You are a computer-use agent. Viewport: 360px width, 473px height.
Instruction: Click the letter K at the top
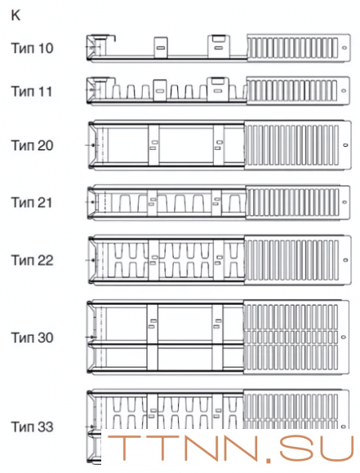point(16,15)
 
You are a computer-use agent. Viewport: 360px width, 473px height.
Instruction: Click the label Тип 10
point(33,48)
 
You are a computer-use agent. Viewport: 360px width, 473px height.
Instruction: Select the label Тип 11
point(32,91)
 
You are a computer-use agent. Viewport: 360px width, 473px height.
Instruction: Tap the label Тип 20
point(33,145)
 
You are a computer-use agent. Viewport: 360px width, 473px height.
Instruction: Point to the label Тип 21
point(32,202)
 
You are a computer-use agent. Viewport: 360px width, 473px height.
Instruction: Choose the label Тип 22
point(33,260)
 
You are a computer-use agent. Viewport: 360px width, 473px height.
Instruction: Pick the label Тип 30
point(33,338)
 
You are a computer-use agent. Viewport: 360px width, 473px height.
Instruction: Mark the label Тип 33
point(33,427)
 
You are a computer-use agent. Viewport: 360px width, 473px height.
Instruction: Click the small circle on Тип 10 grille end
point(344,47)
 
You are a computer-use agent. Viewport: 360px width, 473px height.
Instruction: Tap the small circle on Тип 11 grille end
point(344,91)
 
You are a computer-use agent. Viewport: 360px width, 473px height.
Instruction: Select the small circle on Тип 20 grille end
point(345,145)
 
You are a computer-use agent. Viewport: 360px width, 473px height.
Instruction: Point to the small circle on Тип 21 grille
point(344,201)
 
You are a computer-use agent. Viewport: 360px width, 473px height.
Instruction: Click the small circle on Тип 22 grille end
point(345,259)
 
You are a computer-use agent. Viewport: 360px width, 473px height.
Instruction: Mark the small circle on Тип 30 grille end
point(343,337)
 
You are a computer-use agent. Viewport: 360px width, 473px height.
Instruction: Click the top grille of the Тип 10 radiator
point(299,48)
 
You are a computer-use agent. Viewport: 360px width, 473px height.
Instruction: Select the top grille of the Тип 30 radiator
point(296,338)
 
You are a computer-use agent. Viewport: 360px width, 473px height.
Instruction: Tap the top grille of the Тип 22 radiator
point(298,260)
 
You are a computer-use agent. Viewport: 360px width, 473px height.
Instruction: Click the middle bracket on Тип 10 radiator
point(161,47)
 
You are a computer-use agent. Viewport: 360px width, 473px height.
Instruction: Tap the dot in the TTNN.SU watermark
point(269,458)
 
